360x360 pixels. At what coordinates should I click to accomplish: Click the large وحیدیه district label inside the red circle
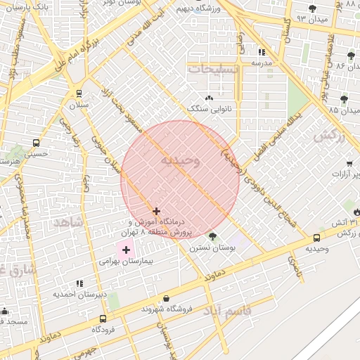click(181, 161)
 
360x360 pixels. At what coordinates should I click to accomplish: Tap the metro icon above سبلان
click(77, 92)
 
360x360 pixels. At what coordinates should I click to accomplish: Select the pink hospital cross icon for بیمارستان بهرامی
click(126, 249)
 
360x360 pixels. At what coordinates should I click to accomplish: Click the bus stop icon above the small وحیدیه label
click(316, 238)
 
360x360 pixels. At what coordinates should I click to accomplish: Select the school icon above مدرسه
click(262, 51)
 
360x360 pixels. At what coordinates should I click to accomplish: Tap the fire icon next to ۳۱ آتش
click(356, 210)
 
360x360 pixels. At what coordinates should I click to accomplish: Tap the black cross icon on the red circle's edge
click(156, 210)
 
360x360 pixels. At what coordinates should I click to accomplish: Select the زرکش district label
click(330, 136)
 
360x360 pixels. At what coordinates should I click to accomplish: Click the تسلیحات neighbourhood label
click(214, 69)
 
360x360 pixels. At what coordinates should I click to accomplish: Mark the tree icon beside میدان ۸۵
click(343, 99)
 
